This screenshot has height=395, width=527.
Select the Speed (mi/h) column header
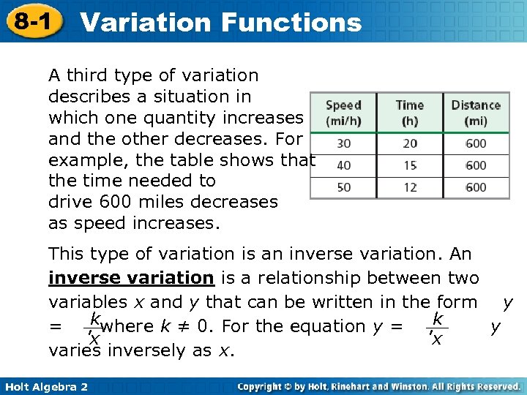(x=343, y=112)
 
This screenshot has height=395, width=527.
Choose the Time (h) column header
(x=410, y=112)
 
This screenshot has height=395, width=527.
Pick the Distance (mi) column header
(x=475, y=112)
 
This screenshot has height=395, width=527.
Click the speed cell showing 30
(x=343, y=144)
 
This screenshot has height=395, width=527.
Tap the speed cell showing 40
(x=343, y=165)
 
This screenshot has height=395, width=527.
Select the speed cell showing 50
(x=343, y=187)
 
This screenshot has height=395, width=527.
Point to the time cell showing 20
(x=410, y=144)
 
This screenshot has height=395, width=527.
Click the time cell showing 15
(x=410, y=165)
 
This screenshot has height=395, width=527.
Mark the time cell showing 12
(x=410, y=187)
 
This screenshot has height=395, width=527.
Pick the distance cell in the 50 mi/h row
(x=475, y=187)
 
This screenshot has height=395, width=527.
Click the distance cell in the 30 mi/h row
(x=475, y=144)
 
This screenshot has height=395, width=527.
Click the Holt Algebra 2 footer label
(x=45, y=386)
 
